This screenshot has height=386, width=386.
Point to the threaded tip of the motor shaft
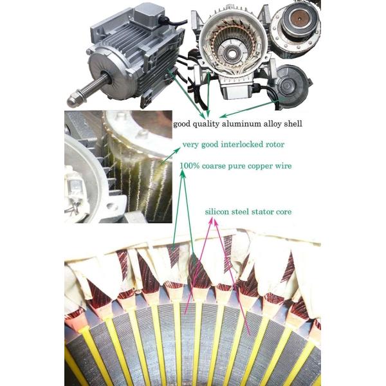point(73,100)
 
